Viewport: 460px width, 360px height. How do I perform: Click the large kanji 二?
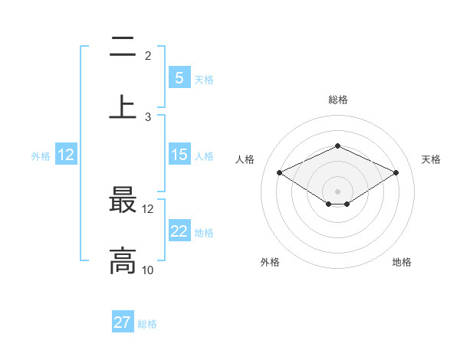pos(123,48)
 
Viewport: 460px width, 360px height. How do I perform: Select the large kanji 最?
pos(123,201)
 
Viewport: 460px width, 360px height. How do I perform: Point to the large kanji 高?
pos(123,260)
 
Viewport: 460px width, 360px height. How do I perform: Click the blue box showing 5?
pos(179,78)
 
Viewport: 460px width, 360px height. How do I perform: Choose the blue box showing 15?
pos(179,155)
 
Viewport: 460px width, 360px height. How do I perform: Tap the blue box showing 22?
pos(179,231)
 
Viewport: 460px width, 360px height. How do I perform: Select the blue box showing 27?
pos(123,322)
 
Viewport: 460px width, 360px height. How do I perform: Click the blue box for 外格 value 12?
pos(66,155)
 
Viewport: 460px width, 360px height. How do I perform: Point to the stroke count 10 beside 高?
pos(147,270)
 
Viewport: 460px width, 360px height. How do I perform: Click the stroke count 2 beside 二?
pos(148,56)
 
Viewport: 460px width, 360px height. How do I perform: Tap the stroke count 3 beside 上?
pos(148,117)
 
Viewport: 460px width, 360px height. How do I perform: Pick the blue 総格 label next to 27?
pos(147,324)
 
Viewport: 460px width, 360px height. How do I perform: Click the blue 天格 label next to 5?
pos(204,79)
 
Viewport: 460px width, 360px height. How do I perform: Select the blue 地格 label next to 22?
pos(204,233)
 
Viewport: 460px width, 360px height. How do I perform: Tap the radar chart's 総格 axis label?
pos(337,100)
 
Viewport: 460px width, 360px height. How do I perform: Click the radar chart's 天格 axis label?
pos(431,159)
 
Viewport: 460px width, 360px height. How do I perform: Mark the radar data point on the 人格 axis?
pos(279,172)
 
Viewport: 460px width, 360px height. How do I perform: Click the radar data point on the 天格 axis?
pos(396,172)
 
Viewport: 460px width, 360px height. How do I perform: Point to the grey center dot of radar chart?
pos(337,191)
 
